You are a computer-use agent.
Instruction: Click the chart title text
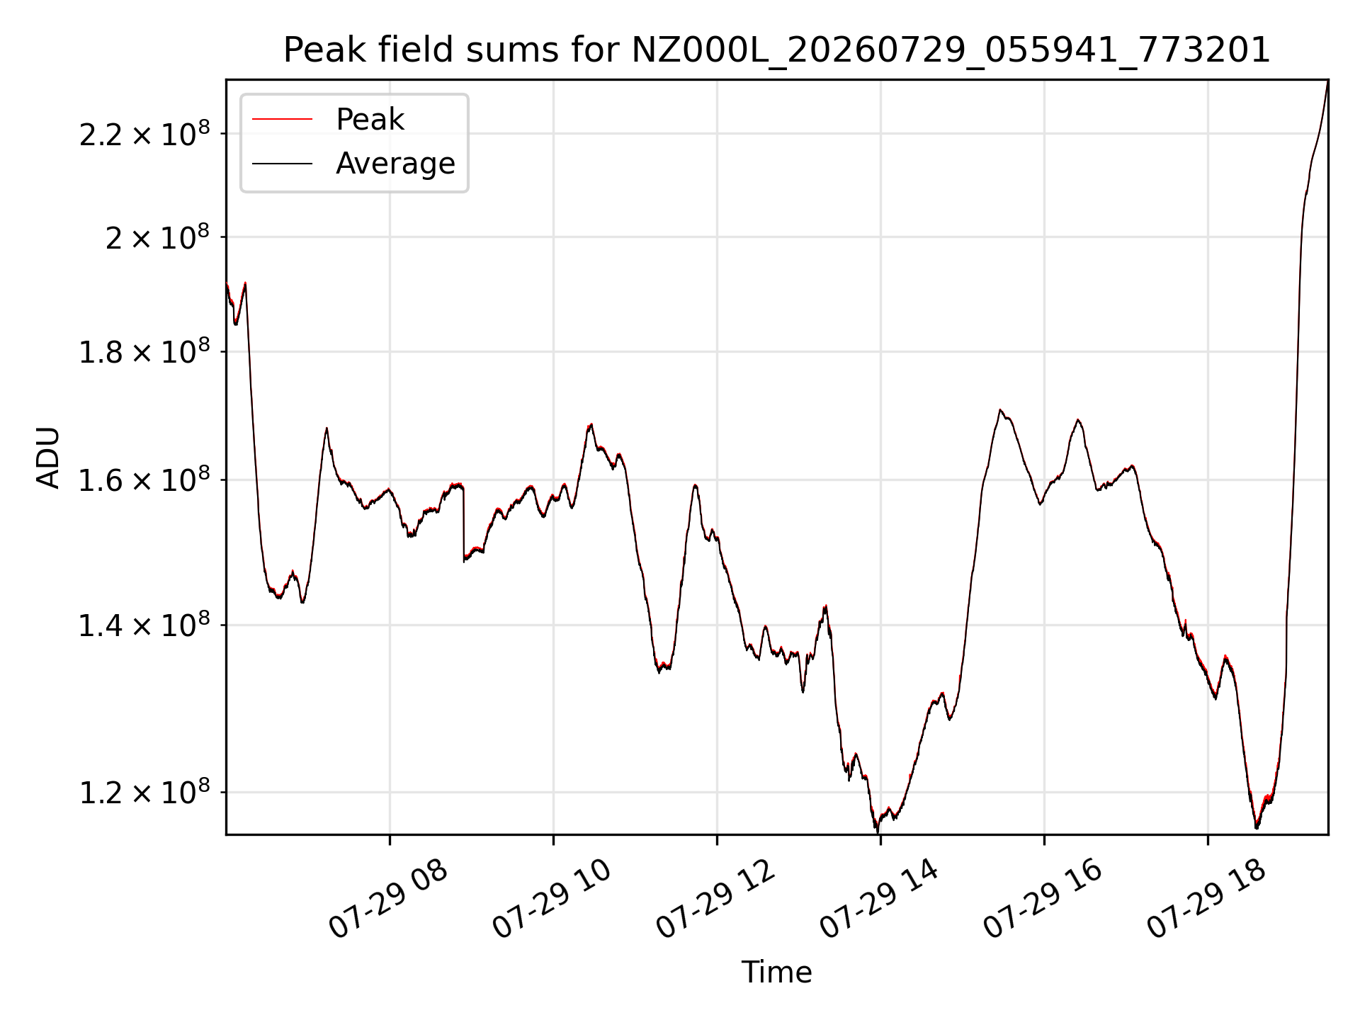click(x=776, y=50)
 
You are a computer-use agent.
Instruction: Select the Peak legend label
click(x=370, y=120)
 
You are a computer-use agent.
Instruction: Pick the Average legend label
click(x=395, y=164)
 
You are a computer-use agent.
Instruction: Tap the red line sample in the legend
click(x=282, y=120)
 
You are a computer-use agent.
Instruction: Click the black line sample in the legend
click(x=282, y=164)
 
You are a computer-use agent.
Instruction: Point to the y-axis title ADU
click(x=48, y=457)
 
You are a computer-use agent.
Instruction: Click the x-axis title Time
click(x=776, y=973)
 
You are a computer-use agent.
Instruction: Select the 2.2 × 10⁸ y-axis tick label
click(x=144, y=133)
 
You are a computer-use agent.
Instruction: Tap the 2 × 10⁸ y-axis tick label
click(x=158, y=237)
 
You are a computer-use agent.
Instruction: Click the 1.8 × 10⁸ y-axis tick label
click(x=144, y=352)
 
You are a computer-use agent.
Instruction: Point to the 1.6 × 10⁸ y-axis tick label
click(x=144, y=480)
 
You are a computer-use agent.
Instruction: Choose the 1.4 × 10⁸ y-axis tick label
click(x=144, y=625)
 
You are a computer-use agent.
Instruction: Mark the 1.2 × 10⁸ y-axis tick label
click(x=144, y=793)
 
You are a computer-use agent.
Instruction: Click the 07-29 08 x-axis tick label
click(x=388, y=900)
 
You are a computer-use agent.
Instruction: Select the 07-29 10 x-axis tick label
click(x=551, y=900)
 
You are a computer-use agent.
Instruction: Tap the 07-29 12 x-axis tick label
click(x=715, y=900)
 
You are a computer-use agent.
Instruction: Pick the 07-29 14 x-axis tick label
click(x=879, y=900)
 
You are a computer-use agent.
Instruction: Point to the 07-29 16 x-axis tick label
click(x=1043, y=900)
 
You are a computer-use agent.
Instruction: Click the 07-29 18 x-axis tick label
click(x=1206, y=900)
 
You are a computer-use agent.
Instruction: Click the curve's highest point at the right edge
click(x=1327, y=81)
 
